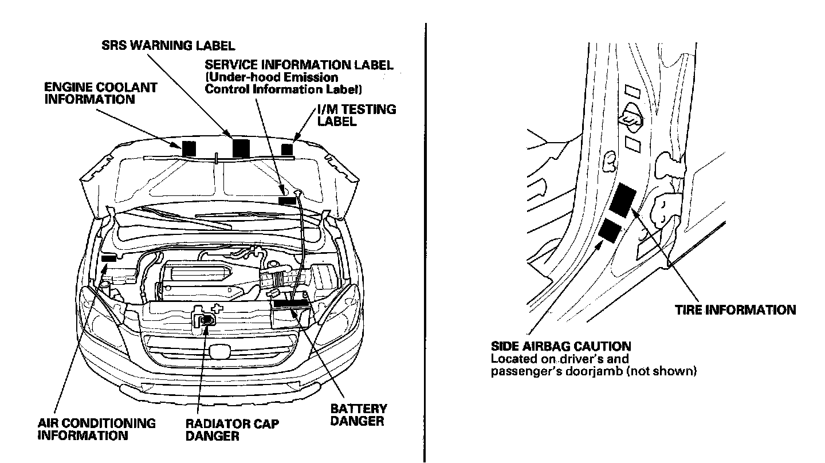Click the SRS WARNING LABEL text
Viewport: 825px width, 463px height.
point(168,46)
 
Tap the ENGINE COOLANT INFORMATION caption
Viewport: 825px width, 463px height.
point(100,93)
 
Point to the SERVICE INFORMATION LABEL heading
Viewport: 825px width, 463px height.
point(299,65)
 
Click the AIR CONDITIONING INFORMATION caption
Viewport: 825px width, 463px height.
point(96,429)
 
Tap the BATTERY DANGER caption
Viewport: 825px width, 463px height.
point(358,415)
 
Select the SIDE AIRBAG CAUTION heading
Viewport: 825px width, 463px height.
point(561,346)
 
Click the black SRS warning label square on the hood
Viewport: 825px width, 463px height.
point(241,148)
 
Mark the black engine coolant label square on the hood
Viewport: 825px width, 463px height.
point(188,147)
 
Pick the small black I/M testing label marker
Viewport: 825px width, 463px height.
point(287,149)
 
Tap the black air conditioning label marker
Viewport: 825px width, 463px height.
point(108,258)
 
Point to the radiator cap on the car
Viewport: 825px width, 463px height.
point(205,320)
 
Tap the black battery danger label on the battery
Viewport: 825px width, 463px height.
point(291,304)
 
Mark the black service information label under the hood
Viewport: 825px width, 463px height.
point(286,200)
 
